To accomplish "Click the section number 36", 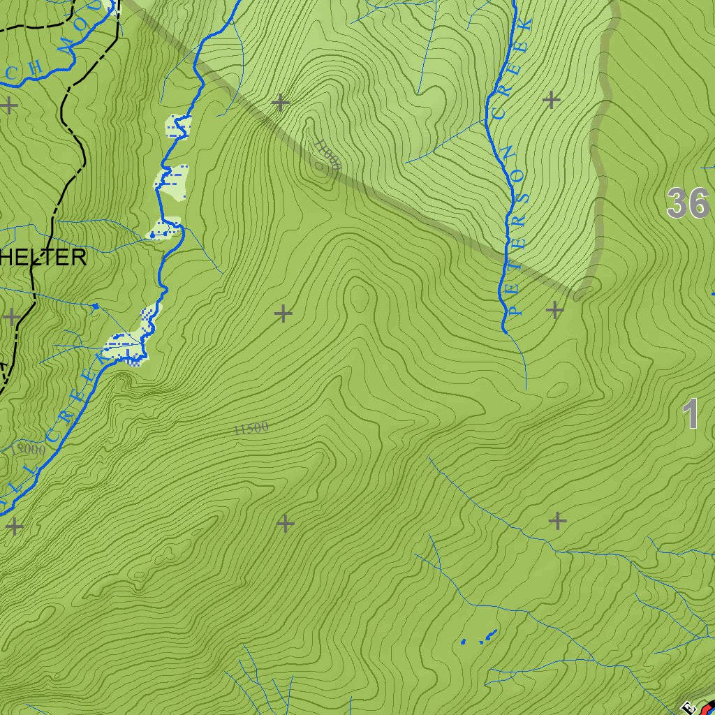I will (687, 204).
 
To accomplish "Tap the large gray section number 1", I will (691, 414).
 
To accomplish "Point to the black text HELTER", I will (43, 258).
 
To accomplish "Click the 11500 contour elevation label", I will (251, 429).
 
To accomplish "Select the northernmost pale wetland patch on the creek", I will (179, 128).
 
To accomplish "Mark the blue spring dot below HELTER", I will (95, 306).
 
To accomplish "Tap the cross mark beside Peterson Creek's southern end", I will (554, 309).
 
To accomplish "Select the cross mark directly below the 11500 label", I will (285, 522).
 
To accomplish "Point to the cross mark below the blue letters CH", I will (9, 105).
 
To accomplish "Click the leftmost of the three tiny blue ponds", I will (463, 641).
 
